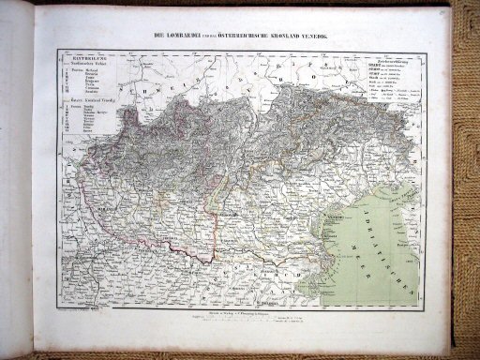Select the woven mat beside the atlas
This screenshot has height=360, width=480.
point(466,187)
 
